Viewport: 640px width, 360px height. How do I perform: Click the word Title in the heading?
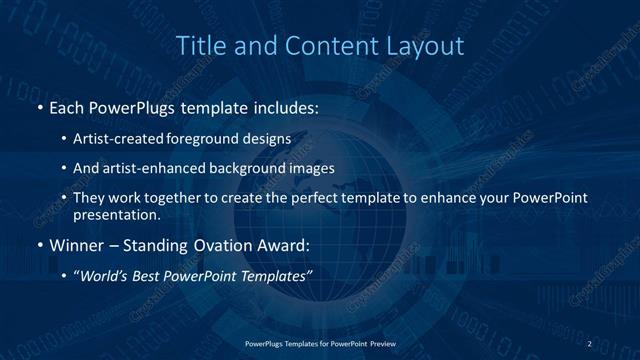[x=199, y=46]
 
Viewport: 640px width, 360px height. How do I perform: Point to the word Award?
[x=287, y=244]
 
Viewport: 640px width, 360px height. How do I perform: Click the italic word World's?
[x=105, y=275]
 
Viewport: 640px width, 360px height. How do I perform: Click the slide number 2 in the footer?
[x=589, y=344]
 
